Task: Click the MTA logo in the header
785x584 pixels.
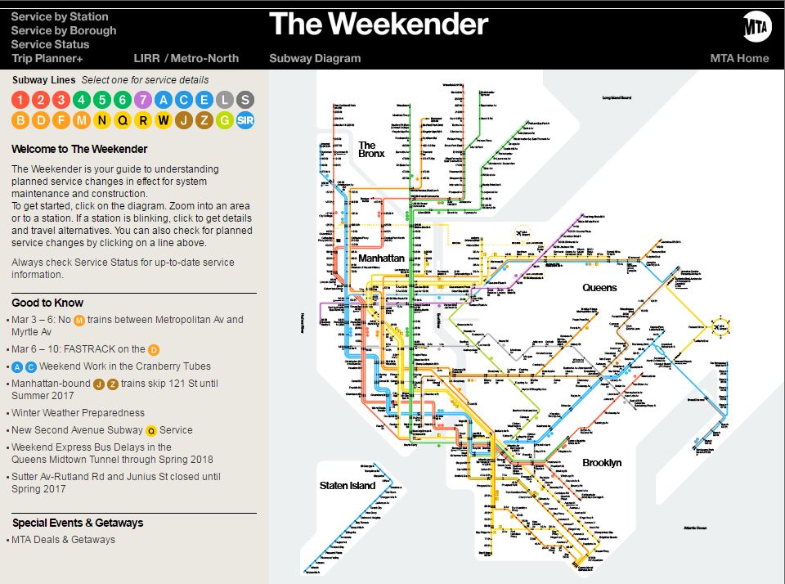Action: pos(756,27)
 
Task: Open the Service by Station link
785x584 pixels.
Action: pos(60,16)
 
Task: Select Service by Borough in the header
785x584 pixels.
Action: pos(64,30)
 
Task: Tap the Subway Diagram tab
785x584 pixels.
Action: pos(315,58)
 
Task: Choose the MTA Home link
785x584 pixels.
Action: pos(739,58)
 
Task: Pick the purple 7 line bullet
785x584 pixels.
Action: pos(143,101)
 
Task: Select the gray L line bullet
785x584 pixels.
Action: pos(225,101)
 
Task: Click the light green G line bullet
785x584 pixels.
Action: pos(225,121)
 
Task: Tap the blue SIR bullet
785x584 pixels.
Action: pos(245,121)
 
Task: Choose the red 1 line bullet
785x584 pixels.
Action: pos(20,101)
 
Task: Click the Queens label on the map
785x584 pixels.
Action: pos(599,288)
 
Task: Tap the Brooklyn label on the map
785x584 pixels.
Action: pos(602,463)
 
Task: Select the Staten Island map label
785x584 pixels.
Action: pos(348,486)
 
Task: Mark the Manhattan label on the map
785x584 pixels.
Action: pos(381,258)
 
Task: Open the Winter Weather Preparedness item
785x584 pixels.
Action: pos(78,413)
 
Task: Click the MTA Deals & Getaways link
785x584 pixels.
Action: pos(63,540)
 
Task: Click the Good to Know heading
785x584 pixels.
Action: pos(47,303)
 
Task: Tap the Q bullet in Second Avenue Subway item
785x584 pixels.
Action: pos(151,430)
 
